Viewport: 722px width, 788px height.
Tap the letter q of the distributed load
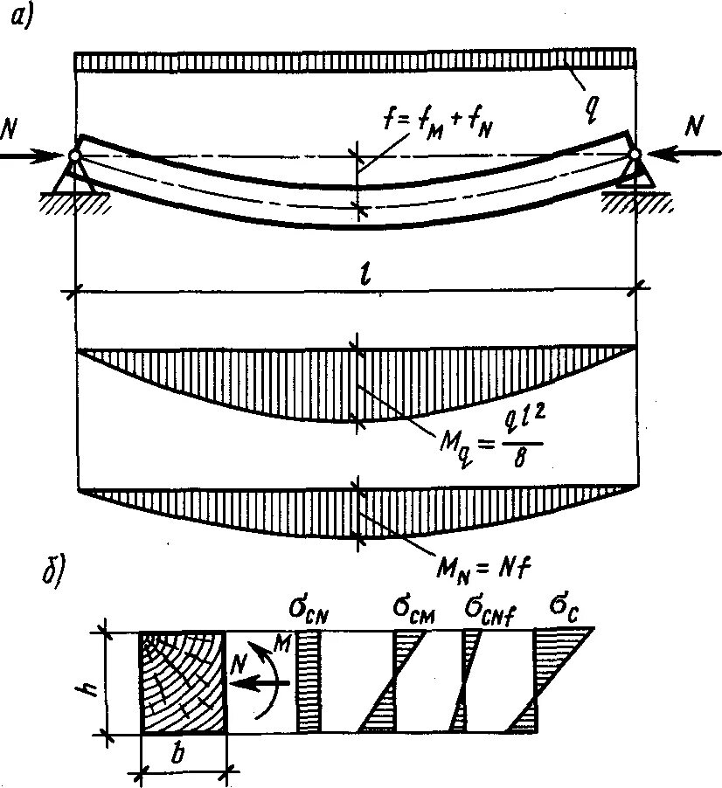(594, 105)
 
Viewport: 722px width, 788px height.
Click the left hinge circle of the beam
(74, 156)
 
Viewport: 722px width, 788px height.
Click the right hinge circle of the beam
(635, 156)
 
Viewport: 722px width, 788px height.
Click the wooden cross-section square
(183, 681)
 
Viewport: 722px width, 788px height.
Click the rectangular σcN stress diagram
(309, 681)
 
